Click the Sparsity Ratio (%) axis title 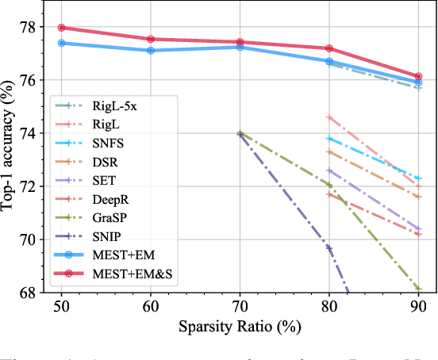(x=240, y=326)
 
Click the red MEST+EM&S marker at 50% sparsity (x=61, y=28)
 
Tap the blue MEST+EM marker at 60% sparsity (x=151, y=51)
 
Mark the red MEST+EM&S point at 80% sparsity (x=329, y=48)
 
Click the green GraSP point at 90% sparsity (x=418, y=289)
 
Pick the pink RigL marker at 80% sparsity (x=329, y=117)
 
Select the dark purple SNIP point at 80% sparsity (x=329, y=247)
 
